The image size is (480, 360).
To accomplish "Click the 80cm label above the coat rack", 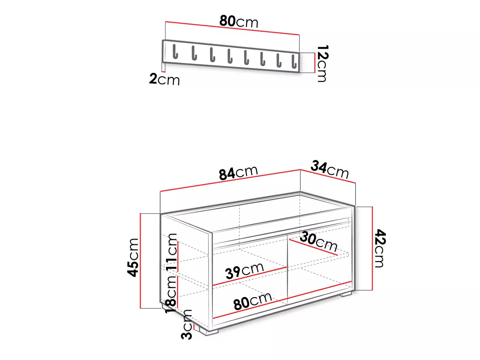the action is [238, 21].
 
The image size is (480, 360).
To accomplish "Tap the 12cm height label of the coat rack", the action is [322, 63].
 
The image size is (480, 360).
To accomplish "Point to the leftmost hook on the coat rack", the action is [175, 52].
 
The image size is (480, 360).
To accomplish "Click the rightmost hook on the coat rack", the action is [294, 61].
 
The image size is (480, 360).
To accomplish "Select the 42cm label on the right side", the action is [380, 248].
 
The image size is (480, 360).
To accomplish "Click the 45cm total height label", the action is [133, 258].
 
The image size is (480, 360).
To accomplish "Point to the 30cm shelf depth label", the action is [318, 242].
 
